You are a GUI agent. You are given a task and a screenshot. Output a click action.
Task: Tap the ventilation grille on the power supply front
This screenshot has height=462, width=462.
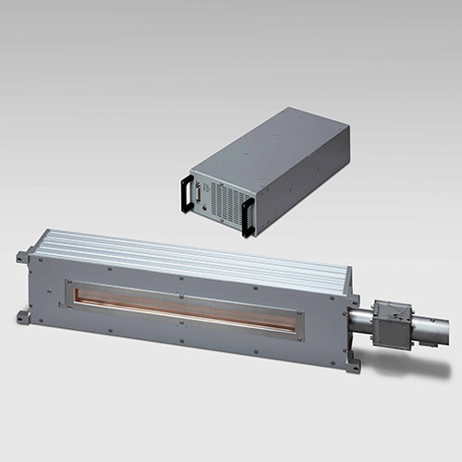click(x=222, y=196)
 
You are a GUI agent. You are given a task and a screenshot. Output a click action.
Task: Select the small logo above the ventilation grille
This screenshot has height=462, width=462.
click(x=222, y=180)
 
